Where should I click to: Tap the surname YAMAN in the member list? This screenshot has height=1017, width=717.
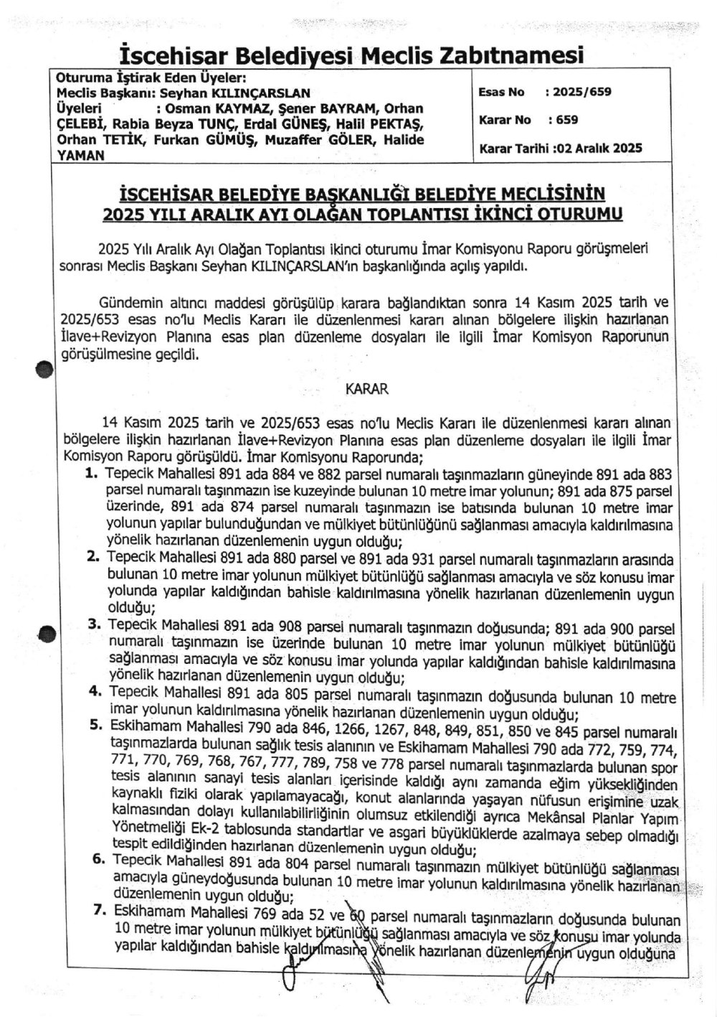pyautogui.click(x=80, y=154)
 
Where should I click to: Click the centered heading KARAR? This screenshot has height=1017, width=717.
pyautogui.click(x=367, y=389)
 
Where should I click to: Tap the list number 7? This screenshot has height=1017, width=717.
pyautogui.click(x=100, y=911)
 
